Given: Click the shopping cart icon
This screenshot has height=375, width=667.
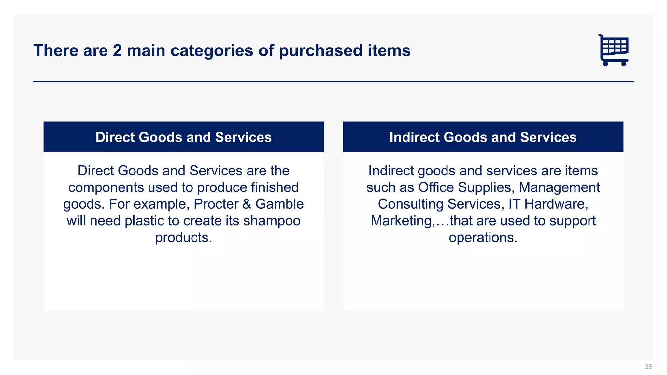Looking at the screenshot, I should coord(614,50).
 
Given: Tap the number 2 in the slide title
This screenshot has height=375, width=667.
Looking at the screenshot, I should coord(117,51).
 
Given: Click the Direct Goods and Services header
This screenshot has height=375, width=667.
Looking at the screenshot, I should coord(184,137).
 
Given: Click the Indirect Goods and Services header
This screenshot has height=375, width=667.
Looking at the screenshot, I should coord(483,137).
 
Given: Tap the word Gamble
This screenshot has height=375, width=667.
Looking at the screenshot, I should coord(279,204).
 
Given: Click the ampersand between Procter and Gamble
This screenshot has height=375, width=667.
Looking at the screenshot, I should coord(247,204).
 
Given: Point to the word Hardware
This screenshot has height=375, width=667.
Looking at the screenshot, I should coord(556,204).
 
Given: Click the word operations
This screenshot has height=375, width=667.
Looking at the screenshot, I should coord(483,237).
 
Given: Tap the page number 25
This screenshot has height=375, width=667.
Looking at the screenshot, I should coord(648,367).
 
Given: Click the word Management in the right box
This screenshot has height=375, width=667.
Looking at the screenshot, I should coord(559,187).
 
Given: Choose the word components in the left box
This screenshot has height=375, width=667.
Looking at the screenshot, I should coord(106,187).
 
